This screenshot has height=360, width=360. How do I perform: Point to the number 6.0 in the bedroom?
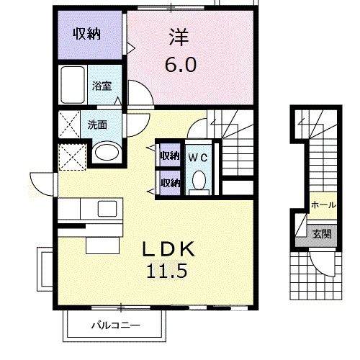click(x=180, y=65)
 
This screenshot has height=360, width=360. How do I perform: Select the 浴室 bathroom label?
click(x=101, y=86)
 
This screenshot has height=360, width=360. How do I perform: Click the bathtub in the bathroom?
click(x=74, y=86)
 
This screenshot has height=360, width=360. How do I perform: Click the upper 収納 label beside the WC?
click(x=169, y=156)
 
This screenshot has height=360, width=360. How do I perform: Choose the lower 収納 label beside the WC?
click(x=169, y=181)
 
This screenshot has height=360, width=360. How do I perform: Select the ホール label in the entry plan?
click(x=323, y=205)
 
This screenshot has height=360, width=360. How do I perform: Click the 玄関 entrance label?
click(x=322, y=233)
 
